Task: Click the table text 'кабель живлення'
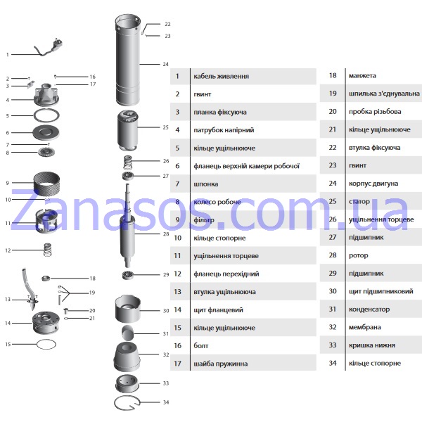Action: [x=222, y=76]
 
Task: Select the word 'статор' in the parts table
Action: [x=359, y=202]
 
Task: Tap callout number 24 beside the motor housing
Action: [x=165, y=64]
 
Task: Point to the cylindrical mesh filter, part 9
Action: [x=47, y=183]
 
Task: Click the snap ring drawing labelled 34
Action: [x=127, y=404]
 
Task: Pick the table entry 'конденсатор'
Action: [x=369, y=309]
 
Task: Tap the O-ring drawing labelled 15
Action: [x=46, y=344]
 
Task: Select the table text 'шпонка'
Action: [x=206, y=184]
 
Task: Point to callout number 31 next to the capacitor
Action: [x=166, y=333]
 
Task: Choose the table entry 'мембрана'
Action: [x=364, y=327]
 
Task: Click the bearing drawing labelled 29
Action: [x=127, y=275]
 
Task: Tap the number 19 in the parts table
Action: [x=333, y=94]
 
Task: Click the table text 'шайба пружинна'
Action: [x=221, y=364]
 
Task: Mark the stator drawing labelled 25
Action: [x=127, y=132]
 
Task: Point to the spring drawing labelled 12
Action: [x=48, y=250]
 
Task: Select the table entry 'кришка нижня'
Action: [x=372, y=345]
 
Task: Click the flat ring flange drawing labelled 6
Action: [x=46, y=132]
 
